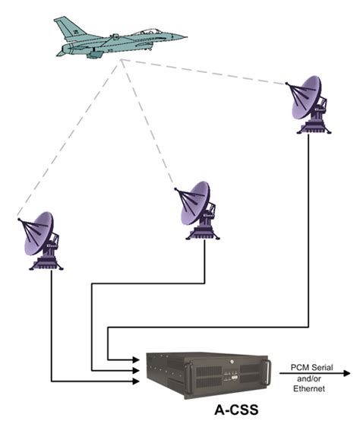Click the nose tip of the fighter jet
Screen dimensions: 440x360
coord(185,36)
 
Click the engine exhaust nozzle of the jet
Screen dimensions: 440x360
coord(59,49)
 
